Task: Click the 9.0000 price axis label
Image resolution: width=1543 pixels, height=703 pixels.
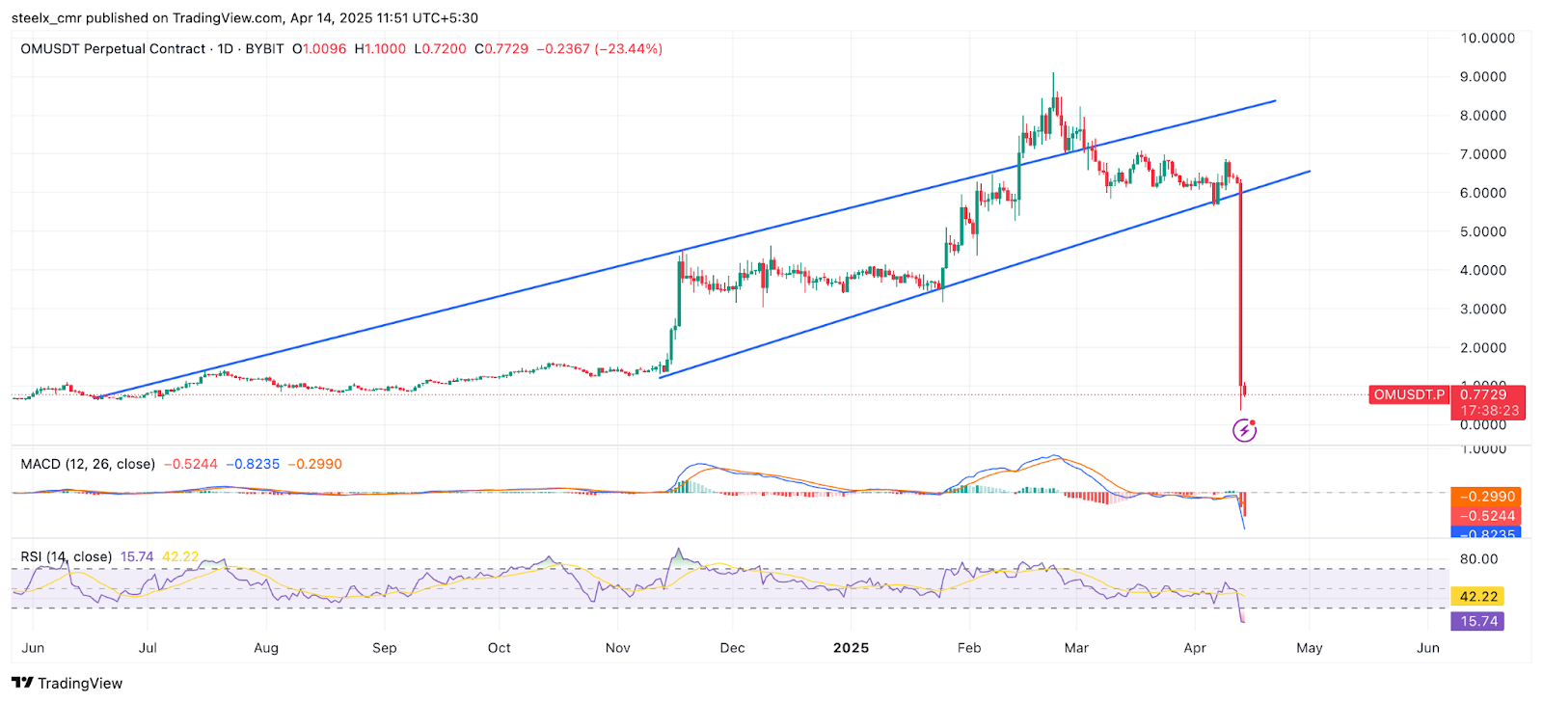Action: pos(1482,77)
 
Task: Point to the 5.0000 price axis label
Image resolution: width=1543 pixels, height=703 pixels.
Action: pos(1482,231)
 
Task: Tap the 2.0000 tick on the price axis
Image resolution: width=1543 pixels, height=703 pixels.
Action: pos(1482,348)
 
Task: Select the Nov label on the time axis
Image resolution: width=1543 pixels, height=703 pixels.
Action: pos(617,648)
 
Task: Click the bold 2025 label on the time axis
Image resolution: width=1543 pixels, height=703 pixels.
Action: pos(851,648)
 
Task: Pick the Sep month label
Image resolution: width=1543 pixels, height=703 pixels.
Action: pos(384,648)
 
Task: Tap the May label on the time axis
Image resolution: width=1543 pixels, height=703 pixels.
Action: pos(1309,648)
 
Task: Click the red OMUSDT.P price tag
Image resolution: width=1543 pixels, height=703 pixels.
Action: pos(1409,394)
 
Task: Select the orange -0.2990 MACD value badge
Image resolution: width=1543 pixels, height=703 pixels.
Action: pos(1485,497)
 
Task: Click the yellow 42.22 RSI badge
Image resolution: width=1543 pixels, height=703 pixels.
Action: pos(1478,597)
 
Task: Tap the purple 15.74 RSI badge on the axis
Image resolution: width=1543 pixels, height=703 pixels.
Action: pos(1478,621)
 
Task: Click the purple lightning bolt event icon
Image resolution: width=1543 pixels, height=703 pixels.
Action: pos(1245,429)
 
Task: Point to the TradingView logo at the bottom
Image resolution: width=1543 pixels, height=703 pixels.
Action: pos(68,683)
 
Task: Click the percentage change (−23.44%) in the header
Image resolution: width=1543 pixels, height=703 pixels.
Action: pos(628,49)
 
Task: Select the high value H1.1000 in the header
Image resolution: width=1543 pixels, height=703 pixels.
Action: pos(380,49)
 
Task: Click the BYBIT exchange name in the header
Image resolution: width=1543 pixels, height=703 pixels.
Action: pos(264,49)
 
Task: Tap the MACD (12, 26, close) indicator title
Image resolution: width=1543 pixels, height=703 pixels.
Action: pos(88,464)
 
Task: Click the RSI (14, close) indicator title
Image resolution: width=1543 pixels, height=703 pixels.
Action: pos(66,556)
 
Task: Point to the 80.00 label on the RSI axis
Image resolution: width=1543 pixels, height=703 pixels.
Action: pos(1478,558)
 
